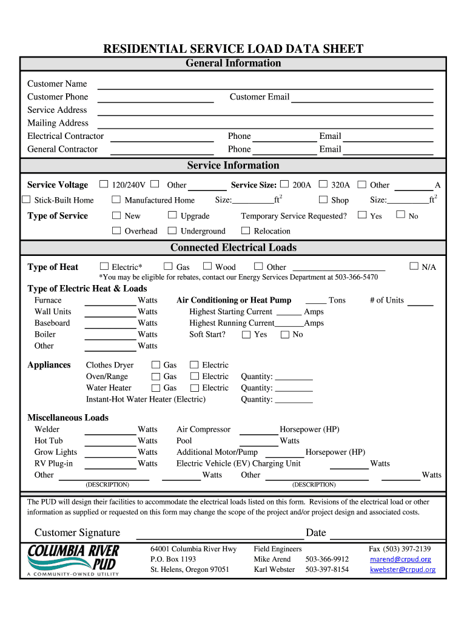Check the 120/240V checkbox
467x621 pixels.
pyautogui.click(x=104, y=184)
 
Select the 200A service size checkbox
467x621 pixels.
pyautogui.click(x=284, y=184)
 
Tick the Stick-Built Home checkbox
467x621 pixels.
pyautogui.click(x=26, y=200)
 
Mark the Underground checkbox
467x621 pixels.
pyautogui.click(x=172, y=230)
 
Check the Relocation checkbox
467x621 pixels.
pyautogui.click(x=246, y=230)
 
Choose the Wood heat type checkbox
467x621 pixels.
pyautogui.click(x=207, y=266)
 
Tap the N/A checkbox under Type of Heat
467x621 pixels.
pyautogui.click(x=414, y=266)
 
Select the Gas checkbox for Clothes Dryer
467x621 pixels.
pyautogui.click(x=156, y=364)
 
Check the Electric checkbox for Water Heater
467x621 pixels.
pyautogui.click(x=194, y=388)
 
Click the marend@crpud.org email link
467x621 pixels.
pyautogui.click(x=400, y=559)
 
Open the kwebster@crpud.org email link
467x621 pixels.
pyautogui.click(x=402, y=569)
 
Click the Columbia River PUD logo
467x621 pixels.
pyautogui.click(x=73, y=560)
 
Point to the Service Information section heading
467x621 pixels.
pyautogui.click(x=233, y=166)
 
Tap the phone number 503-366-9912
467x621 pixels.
pyautogui.click(x=327, y=559)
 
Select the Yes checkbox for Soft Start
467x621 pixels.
pyautogui.click(x=246, y=334)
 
